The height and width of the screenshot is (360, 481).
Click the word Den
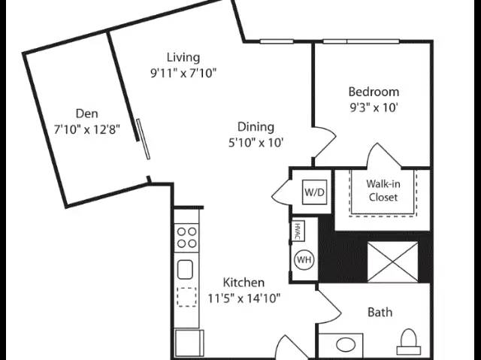click(x=87, y=113)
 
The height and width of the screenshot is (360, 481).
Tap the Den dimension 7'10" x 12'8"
click(x=87, y=130)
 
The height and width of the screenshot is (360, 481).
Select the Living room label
click(x=183, y=58)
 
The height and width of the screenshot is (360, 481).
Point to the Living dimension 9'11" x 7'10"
click(x=183, y=74)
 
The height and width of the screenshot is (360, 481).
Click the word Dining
click(x=256, y=127)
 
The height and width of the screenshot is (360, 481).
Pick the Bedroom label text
click(x=374, y=92)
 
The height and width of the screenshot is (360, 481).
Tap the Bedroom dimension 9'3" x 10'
click(x=374, y=107)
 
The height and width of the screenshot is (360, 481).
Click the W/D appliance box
click(x=314, y=192)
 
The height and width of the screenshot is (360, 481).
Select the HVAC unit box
click(x=298, y=231)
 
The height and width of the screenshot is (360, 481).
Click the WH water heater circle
click(x=304, y=260)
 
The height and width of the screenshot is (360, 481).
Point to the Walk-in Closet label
click(x=383, y=190)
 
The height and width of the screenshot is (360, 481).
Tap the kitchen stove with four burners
click(x=186, y=237)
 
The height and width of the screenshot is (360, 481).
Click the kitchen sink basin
click(x=185, y=270)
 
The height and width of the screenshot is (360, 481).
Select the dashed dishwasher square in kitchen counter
click(x=186, y=297)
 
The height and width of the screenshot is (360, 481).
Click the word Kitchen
click(x=244, y=283)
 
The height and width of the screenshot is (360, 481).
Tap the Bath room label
click(x=380, y=312)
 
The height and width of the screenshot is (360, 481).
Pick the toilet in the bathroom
click(x=409, y=342)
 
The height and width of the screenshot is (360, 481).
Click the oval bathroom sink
click(x=346, y=344)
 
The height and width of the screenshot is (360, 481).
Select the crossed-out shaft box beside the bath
click(x=392, y=262)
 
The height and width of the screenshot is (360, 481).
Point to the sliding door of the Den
click(x=144, y=139)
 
